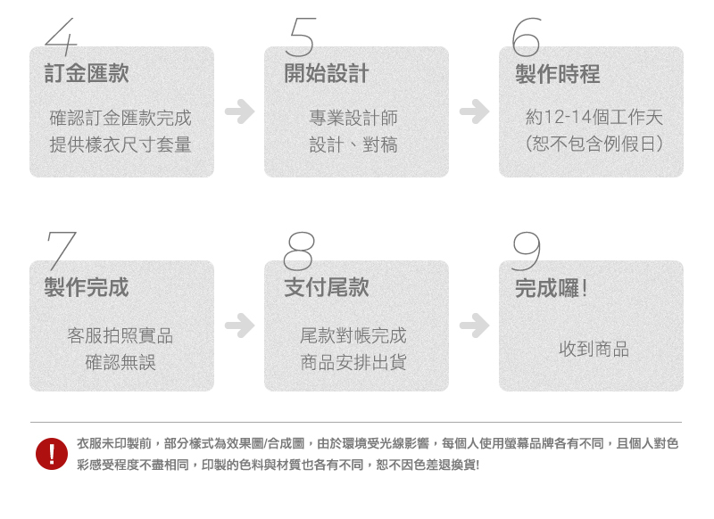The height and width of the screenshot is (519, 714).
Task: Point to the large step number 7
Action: (x=61, y=251)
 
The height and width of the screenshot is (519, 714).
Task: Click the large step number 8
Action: (x=298, y=251)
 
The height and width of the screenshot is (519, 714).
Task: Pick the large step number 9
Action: (x=527, y=251)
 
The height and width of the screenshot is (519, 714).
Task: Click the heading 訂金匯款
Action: (x=87, y=74)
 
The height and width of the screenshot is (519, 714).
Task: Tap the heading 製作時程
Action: (x=558, y=74)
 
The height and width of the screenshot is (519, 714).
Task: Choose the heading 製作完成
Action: (x=87, y=287)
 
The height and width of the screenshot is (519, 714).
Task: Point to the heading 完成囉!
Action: (x=551, y=288)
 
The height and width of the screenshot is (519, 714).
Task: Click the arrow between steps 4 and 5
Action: (x=239, y=111)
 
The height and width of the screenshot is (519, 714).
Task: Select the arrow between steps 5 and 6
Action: (x=474, y=111)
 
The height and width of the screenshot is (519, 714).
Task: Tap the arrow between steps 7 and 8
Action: (x=239, y=325)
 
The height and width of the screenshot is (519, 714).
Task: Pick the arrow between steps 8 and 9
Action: (x=474, y=325)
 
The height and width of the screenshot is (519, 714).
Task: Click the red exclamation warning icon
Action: (x=52, y=454)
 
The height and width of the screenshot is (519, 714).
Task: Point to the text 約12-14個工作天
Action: (x=594, y=118)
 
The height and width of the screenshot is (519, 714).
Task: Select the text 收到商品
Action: (x=594, y=349)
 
